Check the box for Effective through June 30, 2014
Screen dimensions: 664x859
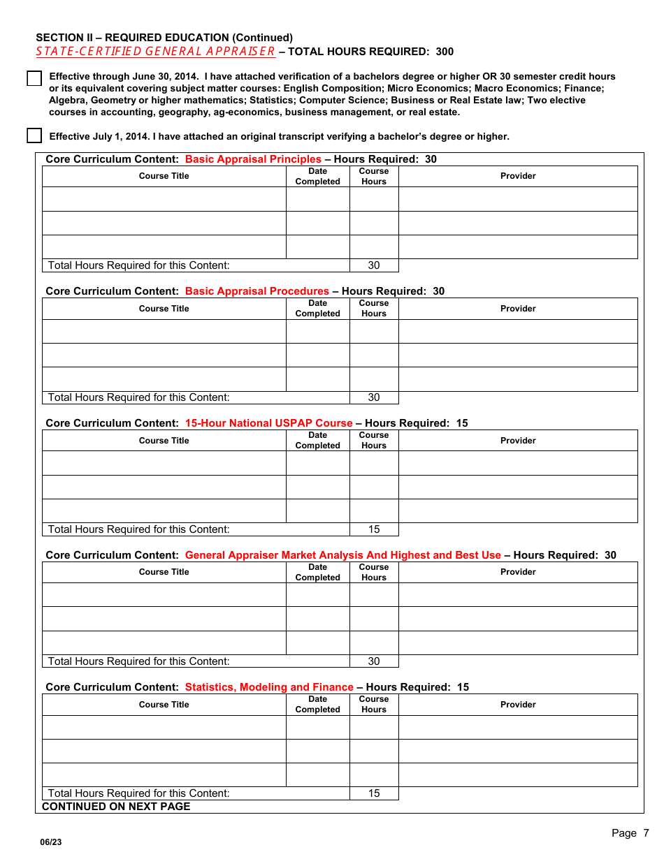coord(34,78)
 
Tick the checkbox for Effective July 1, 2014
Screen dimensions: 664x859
coord(34,135)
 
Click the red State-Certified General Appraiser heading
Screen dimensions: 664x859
coord(155,51)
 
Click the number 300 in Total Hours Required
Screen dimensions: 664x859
coord(445,52)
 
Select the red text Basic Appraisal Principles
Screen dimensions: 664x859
coord(253,159)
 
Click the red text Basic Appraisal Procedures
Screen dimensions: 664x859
coord(257,291)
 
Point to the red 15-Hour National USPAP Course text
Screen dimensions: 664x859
coord(268,423)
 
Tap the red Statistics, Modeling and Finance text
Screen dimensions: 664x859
coord(269,687)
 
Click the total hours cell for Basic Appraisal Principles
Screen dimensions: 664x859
coord(374,265)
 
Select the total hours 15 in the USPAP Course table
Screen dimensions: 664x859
coord(374,529)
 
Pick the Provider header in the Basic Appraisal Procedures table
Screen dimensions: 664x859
coord(518,309)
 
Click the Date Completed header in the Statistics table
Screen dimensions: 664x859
coord(317,704)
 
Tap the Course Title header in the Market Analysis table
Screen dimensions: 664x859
coord(164,572)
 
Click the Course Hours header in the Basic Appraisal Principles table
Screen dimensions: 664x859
coord(374,176)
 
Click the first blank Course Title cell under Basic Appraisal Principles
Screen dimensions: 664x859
coord(164,199)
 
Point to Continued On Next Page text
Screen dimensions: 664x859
coord(116,807)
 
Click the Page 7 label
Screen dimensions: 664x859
coord(630,833)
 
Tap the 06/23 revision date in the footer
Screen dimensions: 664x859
coord(50,842)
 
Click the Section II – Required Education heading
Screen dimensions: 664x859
coord(164,38)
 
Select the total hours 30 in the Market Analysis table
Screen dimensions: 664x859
coord(374,661)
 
